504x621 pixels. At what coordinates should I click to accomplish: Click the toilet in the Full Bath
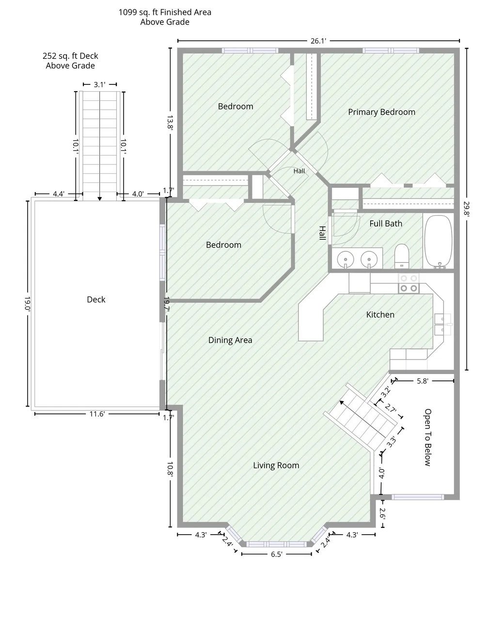402,256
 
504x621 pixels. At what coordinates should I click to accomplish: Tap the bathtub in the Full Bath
438,242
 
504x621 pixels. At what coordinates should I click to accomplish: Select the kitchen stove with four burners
409,283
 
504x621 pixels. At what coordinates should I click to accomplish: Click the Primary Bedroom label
381,112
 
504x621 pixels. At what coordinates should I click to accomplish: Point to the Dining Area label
230,340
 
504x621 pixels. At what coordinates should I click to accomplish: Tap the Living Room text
276,465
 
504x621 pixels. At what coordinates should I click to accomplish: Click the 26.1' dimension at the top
318,41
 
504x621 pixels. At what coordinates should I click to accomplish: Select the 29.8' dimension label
466,209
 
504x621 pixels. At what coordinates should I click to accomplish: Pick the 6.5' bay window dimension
276,554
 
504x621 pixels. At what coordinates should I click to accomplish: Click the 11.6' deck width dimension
97,414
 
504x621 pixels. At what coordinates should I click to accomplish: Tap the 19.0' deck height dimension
27,304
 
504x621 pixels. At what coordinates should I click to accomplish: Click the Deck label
96,299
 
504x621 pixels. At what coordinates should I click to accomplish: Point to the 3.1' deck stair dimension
99,84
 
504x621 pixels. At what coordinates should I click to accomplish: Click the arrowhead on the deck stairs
99,198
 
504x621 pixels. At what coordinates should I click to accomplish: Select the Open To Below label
427,437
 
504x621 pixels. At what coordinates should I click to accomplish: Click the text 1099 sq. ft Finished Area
165,12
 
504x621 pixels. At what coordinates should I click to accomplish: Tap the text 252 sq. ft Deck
70,56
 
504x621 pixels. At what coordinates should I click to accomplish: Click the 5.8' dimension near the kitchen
423,381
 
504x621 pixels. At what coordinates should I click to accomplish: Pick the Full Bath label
386,224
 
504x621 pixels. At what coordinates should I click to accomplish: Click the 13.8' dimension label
170,122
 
